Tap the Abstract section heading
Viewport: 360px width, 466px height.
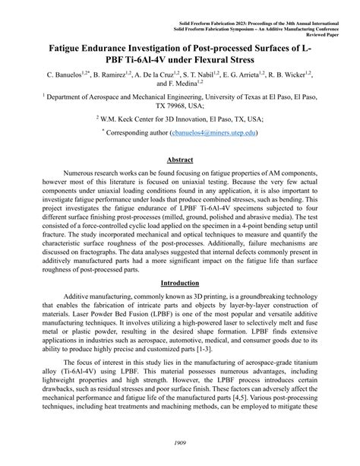179,159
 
